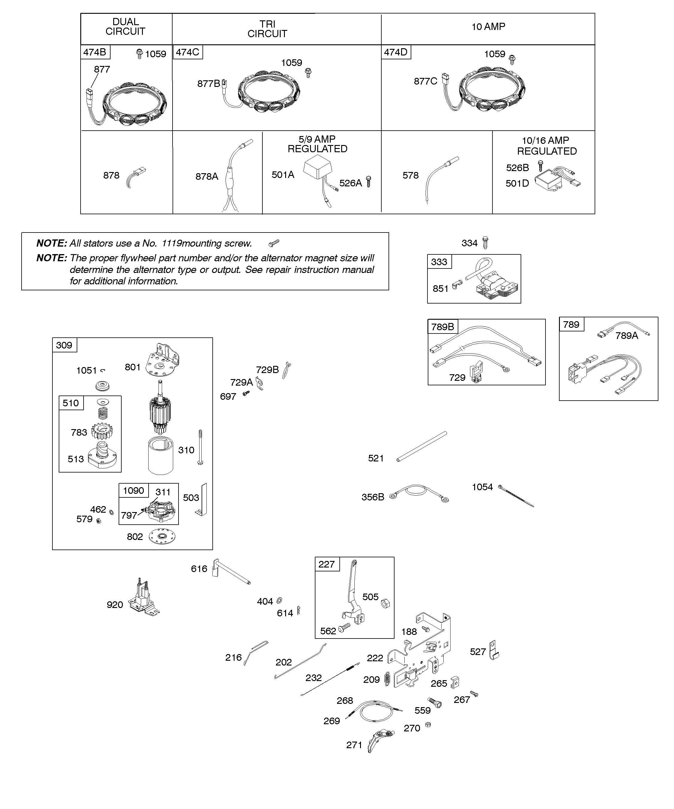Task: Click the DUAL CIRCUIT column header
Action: pyautogui.click(x=126, y=27)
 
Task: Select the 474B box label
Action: pyautogui.click(x=95, y=52)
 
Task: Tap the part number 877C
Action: pyautogui.click(x=425, y=81)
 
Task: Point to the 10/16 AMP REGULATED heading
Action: pyautogui.click(x=546, y=146)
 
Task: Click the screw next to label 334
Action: pyautogui.click(x=485, y=243)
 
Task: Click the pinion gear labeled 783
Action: pyautogui.click(x=102, y=432)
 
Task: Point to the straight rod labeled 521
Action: pyautogui.click(x=422, y=446)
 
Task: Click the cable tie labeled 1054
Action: pyautogui.click(x=516, y=496)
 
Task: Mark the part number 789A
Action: pyautogui.click(x=627, y=336)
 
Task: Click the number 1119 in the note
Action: pyautogui.click(x=171, y=244)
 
